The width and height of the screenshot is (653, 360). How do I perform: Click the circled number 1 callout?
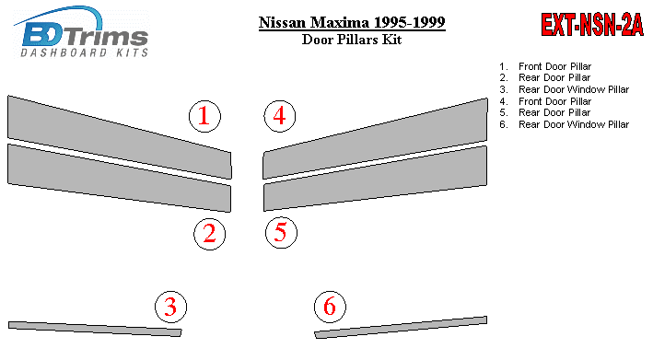coord(204,117)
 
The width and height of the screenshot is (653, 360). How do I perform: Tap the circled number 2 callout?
coord(209,234)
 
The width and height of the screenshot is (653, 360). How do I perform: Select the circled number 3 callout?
coord(170,307)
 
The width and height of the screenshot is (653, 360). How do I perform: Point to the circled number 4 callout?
coord(279,116)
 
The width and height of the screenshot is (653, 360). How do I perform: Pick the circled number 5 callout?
coord(281,232)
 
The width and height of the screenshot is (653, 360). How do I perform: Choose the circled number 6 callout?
coord(330,307)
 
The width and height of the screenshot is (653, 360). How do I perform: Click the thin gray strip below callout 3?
coord(95,329)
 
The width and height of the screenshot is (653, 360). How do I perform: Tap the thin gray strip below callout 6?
coord(401,328)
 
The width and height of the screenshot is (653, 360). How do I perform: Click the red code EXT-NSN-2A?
coord(592,25)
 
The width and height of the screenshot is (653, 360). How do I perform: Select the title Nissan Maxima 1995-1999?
coord(352,22)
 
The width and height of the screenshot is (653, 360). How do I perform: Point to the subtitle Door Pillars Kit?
coord(352,40)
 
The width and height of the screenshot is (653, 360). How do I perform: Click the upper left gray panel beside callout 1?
coord(120,137)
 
